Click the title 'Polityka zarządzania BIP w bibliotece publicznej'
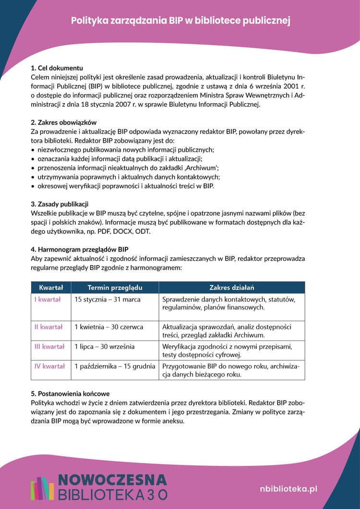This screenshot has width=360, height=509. [x=180, y=21]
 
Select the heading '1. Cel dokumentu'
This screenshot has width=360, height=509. [x=57, y=68]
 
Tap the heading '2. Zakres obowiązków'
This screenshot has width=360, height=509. [x=63, y=122]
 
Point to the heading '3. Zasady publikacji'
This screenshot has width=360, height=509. [x=60, y=204]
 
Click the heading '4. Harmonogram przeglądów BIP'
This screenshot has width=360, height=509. [x=79, y=249]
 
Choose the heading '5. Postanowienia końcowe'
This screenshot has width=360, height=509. [x=70, y=394]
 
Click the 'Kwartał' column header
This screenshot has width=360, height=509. [x=51, y=288]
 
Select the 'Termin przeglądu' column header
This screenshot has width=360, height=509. [x=115, y=288]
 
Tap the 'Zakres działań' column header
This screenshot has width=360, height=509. [x=231, y=288]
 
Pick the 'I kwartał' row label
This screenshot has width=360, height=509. [x=47, y=300]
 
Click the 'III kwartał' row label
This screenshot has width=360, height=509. [x=49, y=347]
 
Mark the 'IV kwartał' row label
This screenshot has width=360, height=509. [x=49, y=366]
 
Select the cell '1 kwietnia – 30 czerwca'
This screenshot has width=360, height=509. [x=108, y=327]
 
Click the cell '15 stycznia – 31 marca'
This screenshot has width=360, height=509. [x=107, y=300]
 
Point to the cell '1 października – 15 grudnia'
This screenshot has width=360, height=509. [x=115, y=366]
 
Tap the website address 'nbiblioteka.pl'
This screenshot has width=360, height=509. [x=288, y=488]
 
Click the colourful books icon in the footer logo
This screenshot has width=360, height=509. [x=42, y=488]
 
